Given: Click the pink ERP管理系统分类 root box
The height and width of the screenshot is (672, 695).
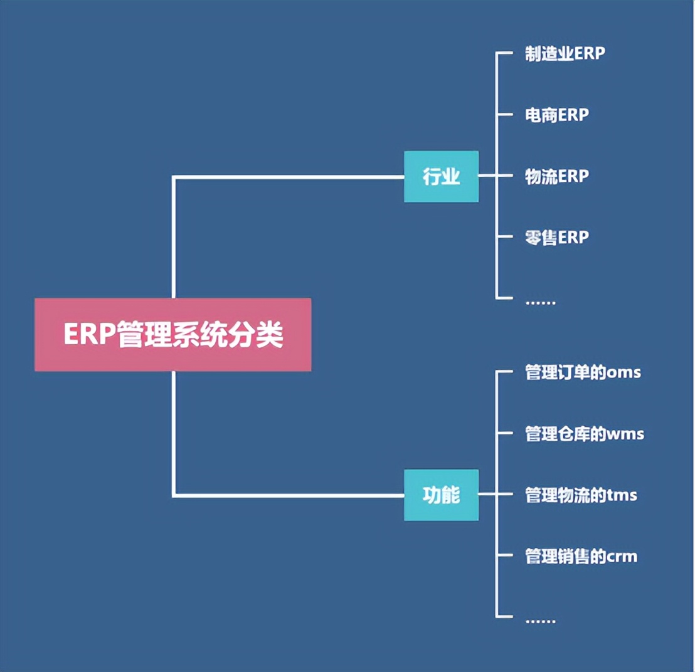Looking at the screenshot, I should pos(172,334).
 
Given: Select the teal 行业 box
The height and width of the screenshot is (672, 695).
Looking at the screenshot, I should pos(441,176).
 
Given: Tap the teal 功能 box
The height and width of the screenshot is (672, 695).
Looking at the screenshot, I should pos(441,495).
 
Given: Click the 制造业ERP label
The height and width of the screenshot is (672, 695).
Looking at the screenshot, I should pos(565,53).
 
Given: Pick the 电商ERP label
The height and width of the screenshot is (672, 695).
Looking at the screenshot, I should pos(556,115).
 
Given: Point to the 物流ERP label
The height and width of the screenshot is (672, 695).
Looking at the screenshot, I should pos(556,176).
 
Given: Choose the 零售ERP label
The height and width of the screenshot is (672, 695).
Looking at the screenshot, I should pos(556,238).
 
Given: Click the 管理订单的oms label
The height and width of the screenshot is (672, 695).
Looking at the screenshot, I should pos(583,372).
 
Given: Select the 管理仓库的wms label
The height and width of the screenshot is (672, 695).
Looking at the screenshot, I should pos(584,433).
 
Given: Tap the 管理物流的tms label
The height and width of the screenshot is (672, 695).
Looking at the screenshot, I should pos(581,495).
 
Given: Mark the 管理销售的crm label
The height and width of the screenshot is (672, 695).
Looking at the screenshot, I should pos(581,556).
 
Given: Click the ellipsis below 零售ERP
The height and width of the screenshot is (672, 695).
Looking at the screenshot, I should pos(540,302).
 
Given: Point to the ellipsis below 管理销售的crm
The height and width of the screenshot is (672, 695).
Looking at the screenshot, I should pos(540,620).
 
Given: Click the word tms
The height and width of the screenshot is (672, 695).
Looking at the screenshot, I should pos(622,495).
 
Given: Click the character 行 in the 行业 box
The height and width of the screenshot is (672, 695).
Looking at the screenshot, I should pos(432,176).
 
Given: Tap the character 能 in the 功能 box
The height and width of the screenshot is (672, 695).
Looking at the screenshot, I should pos(451,495).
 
